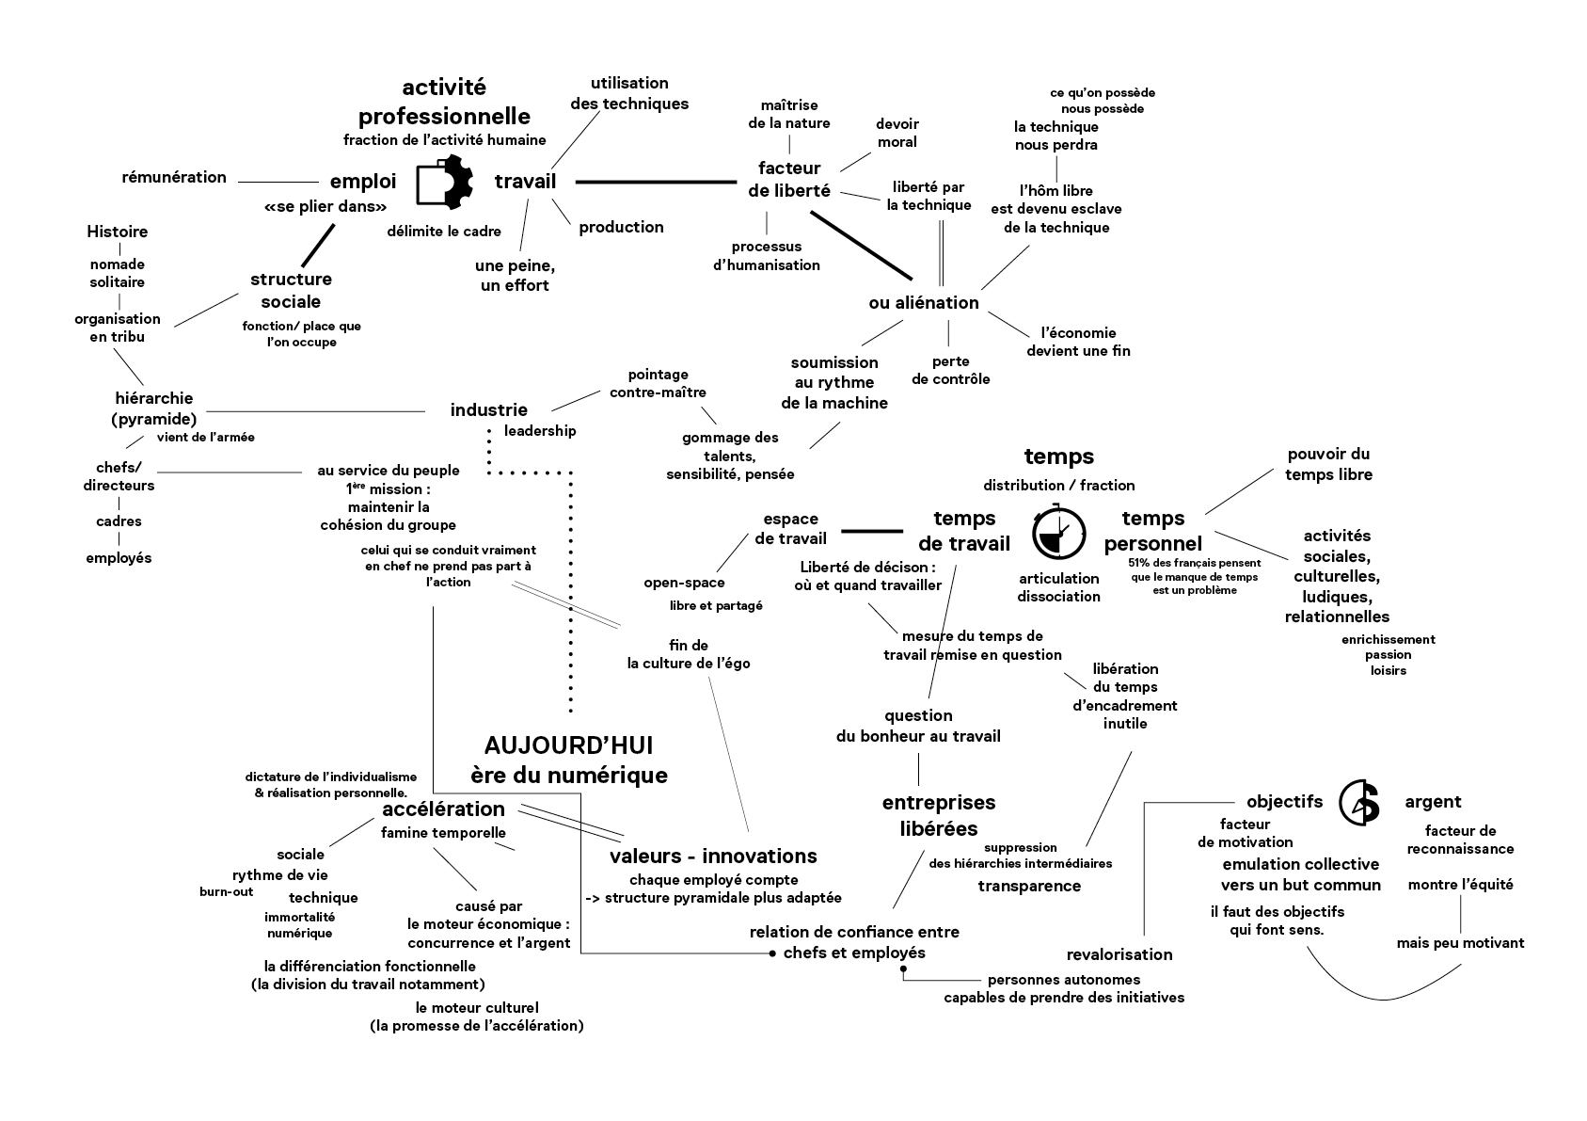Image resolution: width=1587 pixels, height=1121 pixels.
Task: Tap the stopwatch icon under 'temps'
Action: pyautogui.click(x=1059, y=534)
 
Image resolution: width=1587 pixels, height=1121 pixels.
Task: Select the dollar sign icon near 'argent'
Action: pyautogui.click(x=1359, y=803)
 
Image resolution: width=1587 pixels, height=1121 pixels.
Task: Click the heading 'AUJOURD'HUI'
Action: pyautogui.click(x=568, y=745)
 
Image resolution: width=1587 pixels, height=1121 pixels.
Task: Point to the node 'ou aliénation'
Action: pyautogui.click(x=924, y=302)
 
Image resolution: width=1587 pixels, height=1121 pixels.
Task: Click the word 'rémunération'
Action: pyautogui.click(x=174, y=177)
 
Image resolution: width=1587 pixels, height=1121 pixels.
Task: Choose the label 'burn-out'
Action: pyautogui.click(x=227, y=891)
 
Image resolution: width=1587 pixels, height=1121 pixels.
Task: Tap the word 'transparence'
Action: pyautogui.click(x=1029, y=886)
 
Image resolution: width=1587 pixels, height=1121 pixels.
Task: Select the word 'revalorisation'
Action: pyautogui.click(x=1119, y=954)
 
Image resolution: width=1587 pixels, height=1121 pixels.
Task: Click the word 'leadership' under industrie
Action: pyautogui.click(x=540, y=431)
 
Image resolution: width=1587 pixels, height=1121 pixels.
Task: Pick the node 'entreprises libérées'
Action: pyautogui.click(x=939, y=815)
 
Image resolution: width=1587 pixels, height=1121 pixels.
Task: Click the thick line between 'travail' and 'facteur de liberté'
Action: pyautogui.click(x=655, y=182)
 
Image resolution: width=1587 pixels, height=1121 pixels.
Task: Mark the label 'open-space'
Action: pyautogui.click(x=684, y=583)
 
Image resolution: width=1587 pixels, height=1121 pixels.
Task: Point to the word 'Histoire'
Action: pyautogui.click(x=118, y=232)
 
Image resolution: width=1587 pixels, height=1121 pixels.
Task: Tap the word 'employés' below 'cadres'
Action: pyautogui.click(x=119, y=557)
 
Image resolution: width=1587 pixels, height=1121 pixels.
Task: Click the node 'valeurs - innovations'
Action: pyautogui.click(x=713, y=856)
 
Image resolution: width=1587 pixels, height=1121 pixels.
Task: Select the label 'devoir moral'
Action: pyautogui.click(x=897, y=133)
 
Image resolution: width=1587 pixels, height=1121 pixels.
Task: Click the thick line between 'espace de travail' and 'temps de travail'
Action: pyautogui.click(x=871, y=532)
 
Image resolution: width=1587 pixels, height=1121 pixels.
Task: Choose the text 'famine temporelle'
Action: pyautogui.click(x=443, y=832)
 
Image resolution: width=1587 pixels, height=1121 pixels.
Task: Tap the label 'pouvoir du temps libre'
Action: pyautogui.click(x=1328, y=465)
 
